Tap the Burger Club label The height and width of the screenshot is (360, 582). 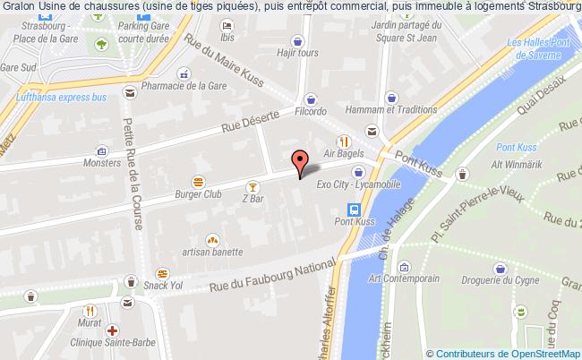pos(199,193)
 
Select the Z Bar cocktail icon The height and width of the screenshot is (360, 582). pos(254,186)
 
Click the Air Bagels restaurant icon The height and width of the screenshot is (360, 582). pos(343,141)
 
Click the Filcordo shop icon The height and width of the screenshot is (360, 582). pos(311,99)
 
